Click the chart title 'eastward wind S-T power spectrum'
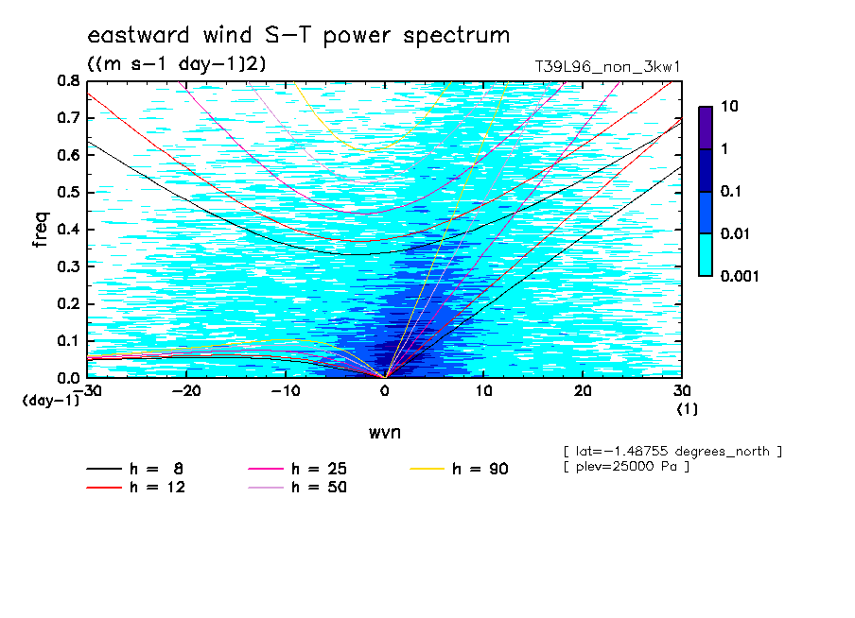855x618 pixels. pyautogui.click(x=298, y=35)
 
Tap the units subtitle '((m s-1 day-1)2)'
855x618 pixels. pyautogui.click(x=177, y=63)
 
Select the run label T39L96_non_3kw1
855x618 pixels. pyautogui.click(x=607, y=67)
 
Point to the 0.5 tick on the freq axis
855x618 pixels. pyautogui.click(x=68, y=193)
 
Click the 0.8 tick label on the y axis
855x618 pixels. pyautogui.click(x=68, y=81)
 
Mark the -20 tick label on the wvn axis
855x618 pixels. pyautogui.click(x=186, y=391)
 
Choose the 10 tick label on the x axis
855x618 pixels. pyautogui.click(x=483, y=391)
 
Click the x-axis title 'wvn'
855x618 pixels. pyautogui.click(x=385, y=433)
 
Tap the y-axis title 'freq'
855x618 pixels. pyautogui.click(x=41, y=230)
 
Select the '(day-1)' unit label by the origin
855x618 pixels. pyautogui.click(x=51, y=401)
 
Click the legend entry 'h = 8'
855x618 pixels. pyautogui.click(x=134, y=469)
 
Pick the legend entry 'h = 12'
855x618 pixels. pyautogui.click(x=136, y=487)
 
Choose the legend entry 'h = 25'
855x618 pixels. pyautogui.click(x=297, y=469)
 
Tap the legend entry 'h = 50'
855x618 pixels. pyautogui.click(x=297, y=487)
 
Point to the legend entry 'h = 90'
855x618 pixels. pyautogui.click(x=459, y=469)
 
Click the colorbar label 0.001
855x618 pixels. pyautogui.click(x=740, y=276)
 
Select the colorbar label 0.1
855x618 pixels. pyautogui.click(x=731, y=191)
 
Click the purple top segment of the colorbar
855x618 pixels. pyautogui.click(x=706, y=129)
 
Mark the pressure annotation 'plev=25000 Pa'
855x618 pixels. pyautogui.click(x=626, y=467)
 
